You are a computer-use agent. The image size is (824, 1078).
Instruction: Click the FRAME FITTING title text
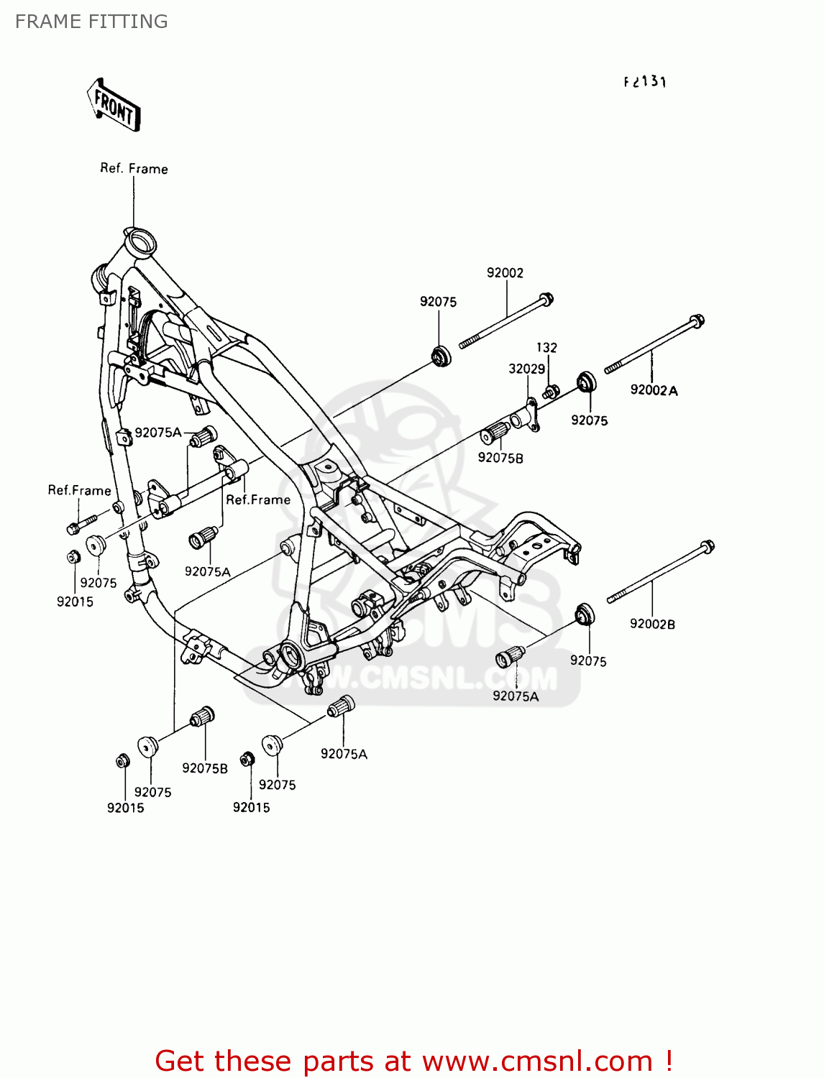pos(91,22)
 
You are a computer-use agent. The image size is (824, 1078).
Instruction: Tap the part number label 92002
pos(505,273)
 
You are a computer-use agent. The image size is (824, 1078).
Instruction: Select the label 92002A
pos(654,390)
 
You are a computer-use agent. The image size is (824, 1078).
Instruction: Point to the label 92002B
pos(652,624)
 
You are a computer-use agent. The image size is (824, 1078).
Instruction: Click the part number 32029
pos(526,369)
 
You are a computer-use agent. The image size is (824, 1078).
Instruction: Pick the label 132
pos(546,348)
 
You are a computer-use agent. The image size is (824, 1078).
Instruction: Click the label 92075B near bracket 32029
pos(500,458)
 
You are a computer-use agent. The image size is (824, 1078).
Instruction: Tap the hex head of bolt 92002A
pos(696,322)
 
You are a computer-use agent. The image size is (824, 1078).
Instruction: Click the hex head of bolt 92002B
pos(707,547)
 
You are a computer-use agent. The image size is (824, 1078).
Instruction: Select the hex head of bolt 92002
pos(546,298)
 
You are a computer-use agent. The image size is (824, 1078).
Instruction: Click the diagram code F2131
pos(645,82)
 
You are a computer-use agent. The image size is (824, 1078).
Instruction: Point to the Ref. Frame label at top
pos(134,169)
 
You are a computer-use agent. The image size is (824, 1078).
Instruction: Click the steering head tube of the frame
pos(139,241)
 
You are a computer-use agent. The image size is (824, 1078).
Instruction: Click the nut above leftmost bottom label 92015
pos(123,761)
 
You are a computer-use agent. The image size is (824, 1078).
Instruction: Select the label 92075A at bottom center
pos(344,754)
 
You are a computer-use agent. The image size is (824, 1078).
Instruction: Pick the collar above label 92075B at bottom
pos(203,717)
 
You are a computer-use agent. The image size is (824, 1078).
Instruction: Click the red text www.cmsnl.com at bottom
pos(536,1061)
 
